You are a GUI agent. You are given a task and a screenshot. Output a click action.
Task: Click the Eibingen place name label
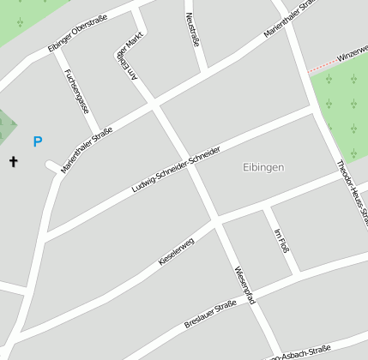(263, 167)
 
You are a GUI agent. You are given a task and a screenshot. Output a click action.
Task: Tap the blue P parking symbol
(37, 141)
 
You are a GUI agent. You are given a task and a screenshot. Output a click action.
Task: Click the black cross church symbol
(14, 160)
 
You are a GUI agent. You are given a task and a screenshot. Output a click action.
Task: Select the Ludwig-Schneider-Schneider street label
(176, 169)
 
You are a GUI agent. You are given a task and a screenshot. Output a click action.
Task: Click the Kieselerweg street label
(177, 250)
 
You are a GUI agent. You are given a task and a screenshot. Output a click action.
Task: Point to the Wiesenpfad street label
(244, 285)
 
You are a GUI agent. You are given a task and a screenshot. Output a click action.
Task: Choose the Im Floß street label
(281, 241)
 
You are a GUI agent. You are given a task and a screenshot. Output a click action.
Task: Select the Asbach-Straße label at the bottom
(300, 353)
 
